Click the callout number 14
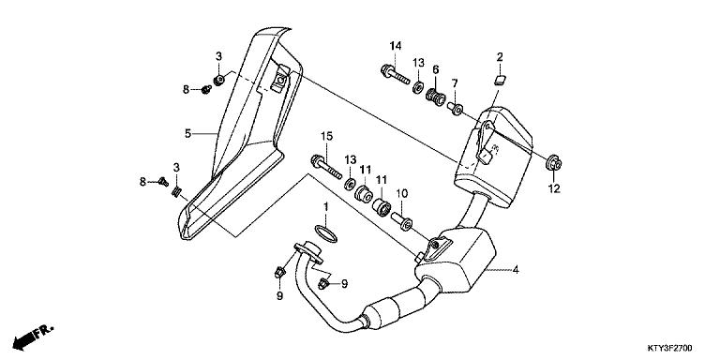pyautogui.click(x=395, y=47)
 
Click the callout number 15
pyautogui.click(x=325, y=137)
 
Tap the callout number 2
pyautogui.click(x=501, y=57)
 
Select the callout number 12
pyautogui.click(x=553, y=188)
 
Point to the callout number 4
pyautogui.click(x=515, y=270)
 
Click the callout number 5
pyautogui.click(x=187, y=134)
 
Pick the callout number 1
pyautogui.click(x=325, y=205)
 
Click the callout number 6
pyautogui.click(x=436, y=70)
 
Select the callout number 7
pyautogui.click(x=456, y=84)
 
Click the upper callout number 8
pyautogui.click(x=186, y=89)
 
